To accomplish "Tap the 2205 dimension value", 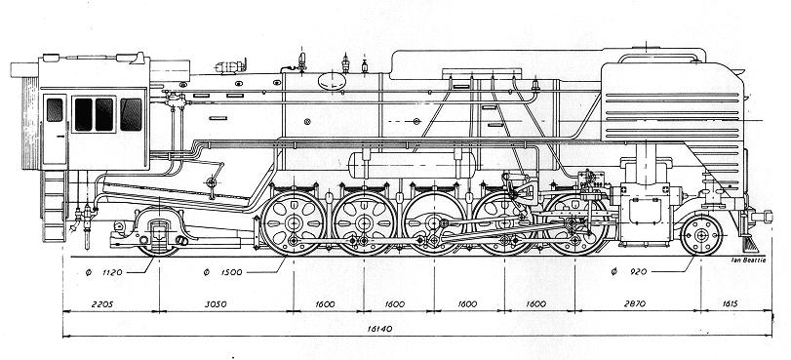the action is click(102, 304).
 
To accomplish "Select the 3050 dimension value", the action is click(216, 304).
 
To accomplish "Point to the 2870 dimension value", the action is click(635, 304).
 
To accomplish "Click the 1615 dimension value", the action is click(730, 304).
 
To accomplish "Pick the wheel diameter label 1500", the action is click(231, 272).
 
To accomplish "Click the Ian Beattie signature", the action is click(748, 260).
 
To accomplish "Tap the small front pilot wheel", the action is click(701, 235).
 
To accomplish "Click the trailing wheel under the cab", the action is click(159, 233).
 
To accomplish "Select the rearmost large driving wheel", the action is click(294, 223).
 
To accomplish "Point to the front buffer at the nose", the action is click(763, 217).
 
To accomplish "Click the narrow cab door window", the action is click(55, 109).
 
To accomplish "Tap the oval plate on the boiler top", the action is click(331, 81).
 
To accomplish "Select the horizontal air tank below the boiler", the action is click(413, 166).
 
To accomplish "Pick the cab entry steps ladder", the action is click(54, 206).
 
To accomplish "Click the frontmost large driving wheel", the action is click(575, 223).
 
